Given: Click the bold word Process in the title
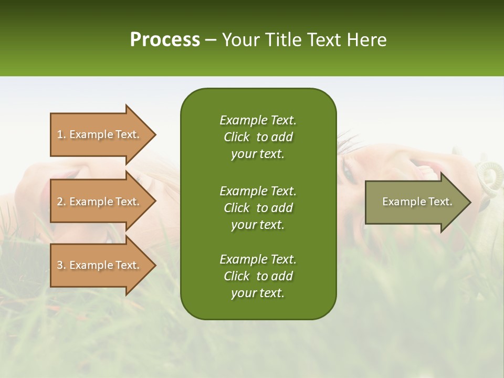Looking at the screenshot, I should (x=165, y=40).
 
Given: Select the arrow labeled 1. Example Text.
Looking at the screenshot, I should (x=100, y=134).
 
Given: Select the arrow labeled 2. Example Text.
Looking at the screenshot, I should (x=100, y=202).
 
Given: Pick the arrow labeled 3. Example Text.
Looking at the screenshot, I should (x=100, y=265).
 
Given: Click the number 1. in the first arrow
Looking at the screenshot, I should (x=61, y=134).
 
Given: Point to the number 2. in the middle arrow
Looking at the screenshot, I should (x=61, y=202).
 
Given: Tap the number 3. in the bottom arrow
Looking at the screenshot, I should (x=61, y=265).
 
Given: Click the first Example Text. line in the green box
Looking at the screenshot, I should (x=258, y=120).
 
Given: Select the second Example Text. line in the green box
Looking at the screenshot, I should (x=258, y=191).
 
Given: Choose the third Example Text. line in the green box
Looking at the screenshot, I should (x=258, y=259).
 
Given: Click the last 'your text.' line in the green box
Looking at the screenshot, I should (x=258, y=293).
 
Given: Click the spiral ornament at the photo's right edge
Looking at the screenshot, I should (x=489, y=173).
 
